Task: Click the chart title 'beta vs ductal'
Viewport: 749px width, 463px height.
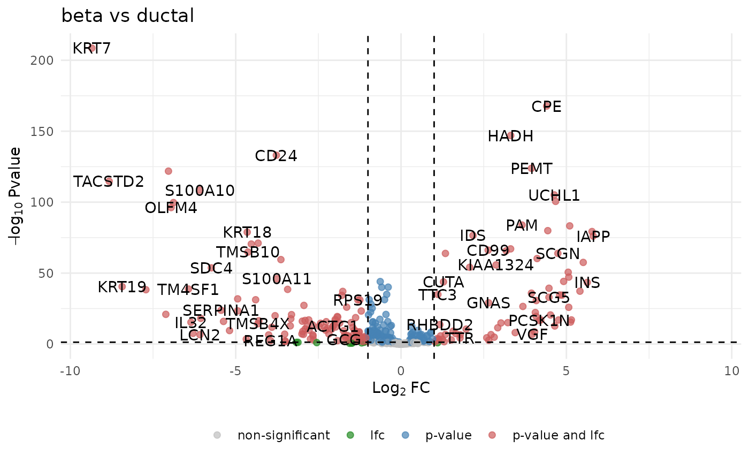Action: click(x=127, y=16)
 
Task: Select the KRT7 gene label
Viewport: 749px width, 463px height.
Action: click(x=91, y=49)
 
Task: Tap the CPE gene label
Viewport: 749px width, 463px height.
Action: click(x=546, y=107)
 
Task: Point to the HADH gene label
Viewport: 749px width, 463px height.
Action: click(x=510, y=136)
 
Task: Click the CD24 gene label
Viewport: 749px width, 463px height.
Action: click(x=276, y=156)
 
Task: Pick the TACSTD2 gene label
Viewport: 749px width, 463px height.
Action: click(x=109, y=182)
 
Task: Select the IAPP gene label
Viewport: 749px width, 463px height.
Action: click(x=593, y=237)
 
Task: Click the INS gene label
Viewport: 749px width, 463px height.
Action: click(x=587, y=283)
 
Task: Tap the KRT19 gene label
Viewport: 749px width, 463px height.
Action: click(x=122, y=287)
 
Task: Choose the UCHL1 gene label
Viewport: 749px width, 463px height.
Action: click(x=554, y=196)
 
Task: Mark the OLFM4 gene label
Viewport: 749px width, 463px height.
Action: click(x=171, y=208)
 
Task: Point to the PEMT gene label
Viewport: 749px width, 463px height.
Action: click(x=531, y=169)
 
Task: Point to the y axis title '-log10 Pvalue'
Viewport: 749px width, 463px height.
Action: click(x=17, y=196)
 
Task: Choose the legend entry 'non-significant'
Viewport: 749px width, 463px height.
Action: click(x=284, y=435)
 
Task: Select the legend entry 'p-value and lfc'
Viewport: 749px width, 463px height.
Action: click(x=558, y=435)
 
